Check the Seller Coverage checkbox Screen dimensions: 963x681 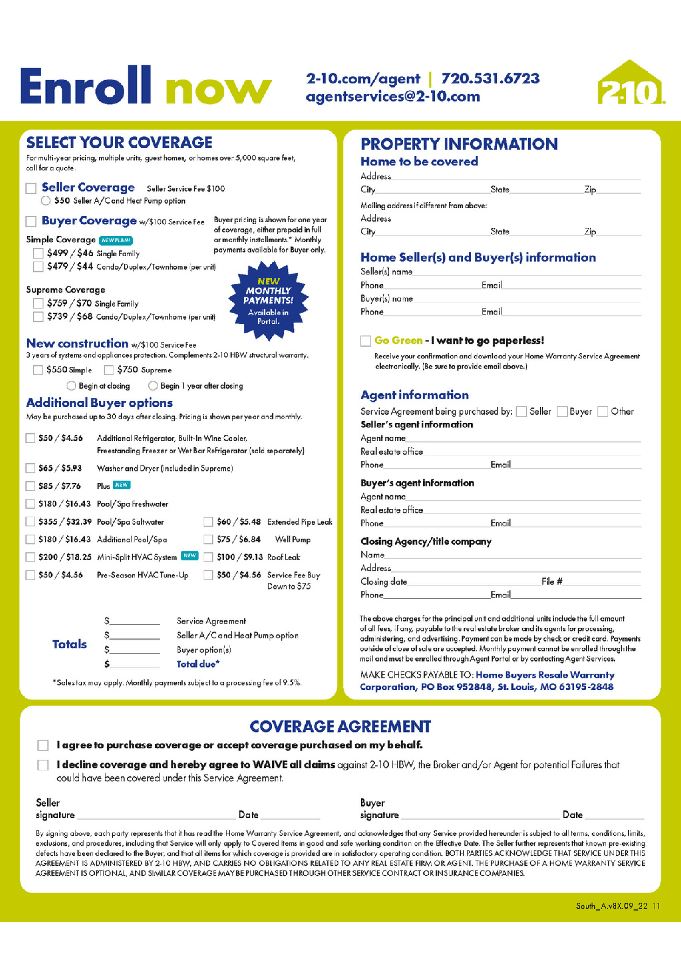click(31, 188)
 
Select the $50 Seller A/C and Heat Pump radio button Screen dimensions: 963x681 click(46, 201)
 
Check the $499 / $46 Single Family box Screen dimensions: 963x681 click(38, 253)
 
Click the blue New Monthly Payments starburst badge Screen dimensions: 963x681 click(268, 300)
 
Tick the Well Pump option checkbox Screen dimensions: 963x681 click(208, 539)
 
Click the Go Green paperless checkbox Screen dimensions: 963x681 click(365, 341)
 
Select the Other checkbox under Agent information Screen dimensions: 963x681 click(602, 411)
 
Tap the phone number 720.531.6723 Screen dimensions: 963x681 click(490, 78)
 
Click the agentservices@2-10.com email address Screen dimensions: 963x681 click(393, 97)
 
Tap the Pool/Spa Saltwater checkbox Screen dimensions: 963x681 click(30, 521)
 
